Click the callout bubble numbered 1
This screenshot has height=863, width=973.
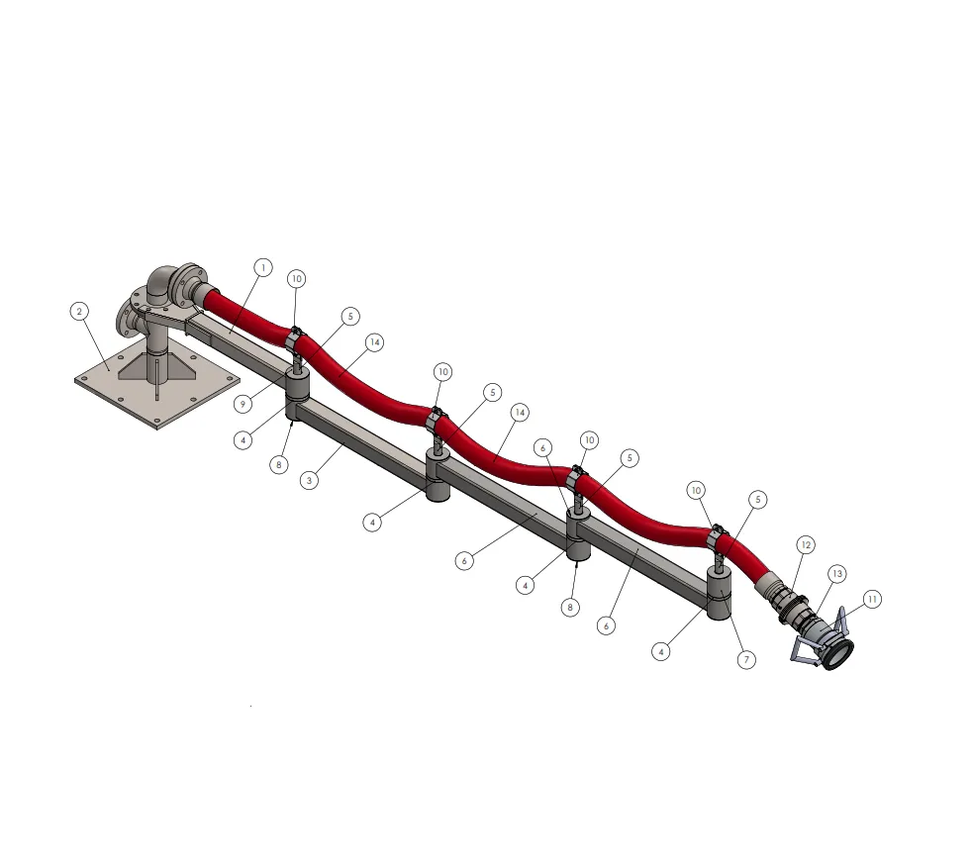click(263, 267)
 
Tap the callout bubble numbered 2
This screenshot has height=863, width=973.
click(79, 311)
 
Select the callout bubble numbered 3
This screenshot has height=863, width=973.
click(309, 480)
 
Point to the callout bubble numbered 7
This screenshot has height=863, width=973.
click(746, 659)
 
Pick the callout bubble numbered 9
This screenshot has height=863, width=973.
click(243, 404)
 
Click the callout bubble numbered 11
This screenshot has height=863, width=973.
click(872, 599)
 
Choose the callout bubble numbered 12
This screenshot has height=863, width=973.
click(806, 544)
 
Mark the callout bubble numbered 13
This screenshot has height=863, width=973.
click(837, 573)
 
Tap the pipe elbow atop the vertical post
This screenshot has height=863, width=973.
click(161, 282)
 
